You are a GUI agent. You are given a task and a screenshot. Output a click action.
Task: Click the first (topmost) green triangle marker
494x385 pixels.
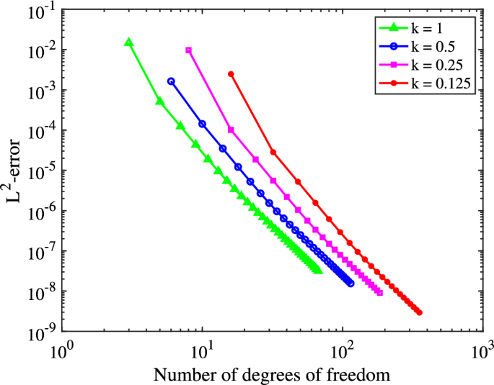pyautogui.click(x=129, y=42)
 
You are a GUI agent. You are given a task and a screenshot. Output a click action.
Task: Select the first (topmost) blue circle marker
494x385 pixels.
pyautogui.click(x=171, y=81)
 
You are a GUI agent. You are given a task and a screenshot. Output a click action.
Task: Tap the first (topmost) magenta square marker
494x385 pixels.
pyautogui.click(x=189, y=50)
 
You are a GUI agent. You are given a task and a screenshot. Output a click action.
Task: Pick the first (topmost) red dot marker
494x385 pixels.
pyautogui.click(x=231, y=74)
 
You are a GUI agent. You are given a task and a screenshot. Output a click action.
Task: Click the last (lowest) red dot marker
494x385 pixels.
pyautogui.click(x=418, y=312)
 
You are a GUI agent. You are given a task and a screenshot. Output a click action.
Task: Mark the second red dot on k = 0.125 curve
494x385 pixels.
pyautogui.click(x=273, y=152)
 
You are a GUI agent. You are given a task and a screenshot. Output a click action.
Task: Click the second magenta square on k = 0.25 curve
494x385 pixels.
pyautogui.click(x=231, y=130)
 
